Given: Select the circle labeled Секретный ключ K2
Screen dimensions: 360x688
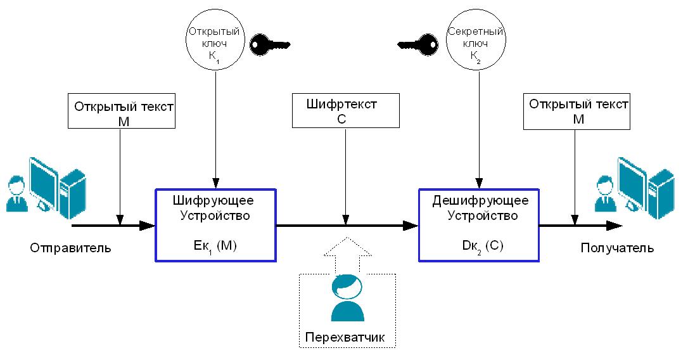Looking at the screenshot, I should (476, 41).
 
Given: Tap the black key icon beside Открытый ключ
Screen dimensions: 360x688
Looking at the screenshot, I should (269, 44).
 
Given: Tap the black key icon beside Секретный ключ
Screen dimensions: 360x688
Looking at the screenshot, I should (418, 44).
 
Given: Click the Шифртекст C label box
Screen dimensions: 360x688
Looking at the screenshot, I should (346, 110).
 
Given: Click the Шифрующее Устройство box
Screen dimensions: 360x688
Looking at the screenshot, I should (214, 224).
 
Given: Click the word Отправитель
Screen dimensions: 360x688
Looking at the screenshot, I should (70, 248).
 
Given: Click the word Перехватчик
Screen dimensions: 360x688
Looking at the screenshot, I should (346, 336).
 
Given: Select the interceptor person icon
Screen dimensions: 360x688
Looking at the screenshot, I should (347, 298).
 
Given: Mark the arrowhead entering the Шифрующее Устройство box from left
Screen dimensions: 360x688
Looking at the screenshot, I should (148, 225).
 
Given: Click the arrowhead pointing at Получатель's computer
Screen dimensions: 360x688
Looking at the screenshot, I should (615, 225).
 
